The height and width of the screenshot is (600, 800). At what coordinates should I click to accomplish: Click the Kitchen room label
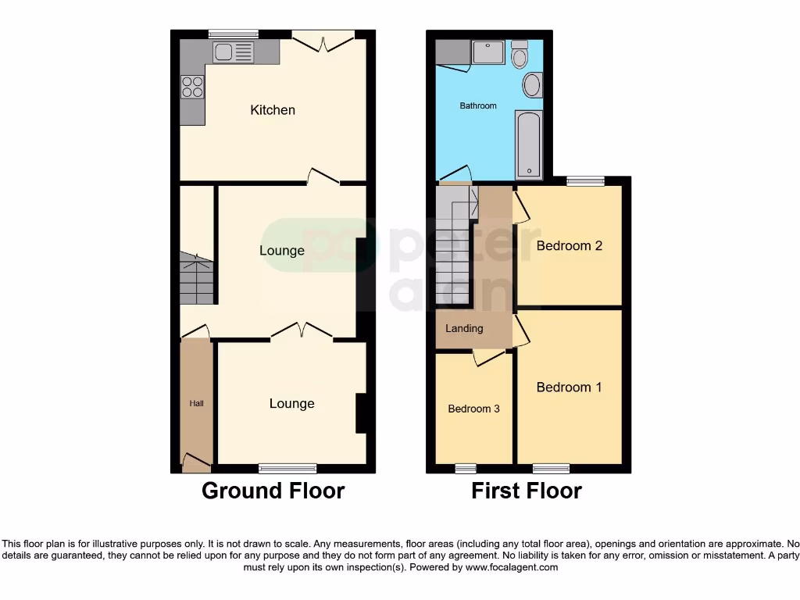pyautogui.click(x=273, y=110)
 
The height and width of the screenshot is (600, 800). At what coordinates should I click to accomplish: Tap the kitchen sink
pyautogui.click(x=234, y=52)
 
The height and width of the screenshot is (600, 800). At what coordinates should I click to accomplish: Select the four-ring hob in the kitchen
pyautogui.click(x=192, y=86)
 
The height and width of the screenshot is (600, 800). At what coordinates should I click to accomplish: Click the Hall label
pyautogui.click(x=196, y=404)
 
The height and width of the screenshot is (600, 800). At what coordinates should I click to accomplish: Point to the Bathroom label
pyautogui.click(x=477, y=105)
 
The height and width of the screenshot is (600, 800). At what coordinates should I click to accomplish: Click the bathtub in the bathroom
pyautogui.click(x=529, y=145)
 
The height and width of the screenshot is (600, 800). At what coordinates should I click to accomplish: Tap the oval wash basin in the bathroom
pyautogui.click(x=532, y=85)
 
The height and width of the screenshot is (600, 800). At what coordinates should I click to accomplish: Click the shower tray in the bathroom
pyautogui.click(x=488, y=52)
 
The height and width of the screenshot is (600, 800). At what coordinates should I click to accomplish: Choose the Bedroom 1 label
pyautogui.click(x=569, y=387)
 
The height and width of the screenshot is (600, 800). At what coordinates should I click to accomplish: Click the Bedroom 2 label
pyautogui.click(x=569, y=246)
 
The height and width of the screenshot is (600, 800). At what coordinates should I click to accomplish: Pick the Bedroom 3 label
pyautogui.click(x=473, y=409)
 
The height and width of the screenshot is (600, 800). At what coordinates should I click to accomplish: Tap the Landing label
pyautogui.click(x=464, y=329)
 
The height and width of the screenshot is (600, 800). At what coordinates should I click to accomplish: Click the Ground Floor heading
pyautogui.click(x=273, y=491)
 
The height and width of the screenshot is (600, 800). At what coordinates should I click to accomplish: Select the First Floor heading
pyautogui.click(x=527, y=491)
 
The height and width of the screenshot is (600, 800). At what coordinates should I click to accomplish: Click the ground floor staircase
pyautogui.click(x=196, y=279)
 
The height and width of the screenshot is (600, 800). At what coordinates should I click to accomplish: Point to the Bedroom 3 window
pyautogui.click(x=466, y=469)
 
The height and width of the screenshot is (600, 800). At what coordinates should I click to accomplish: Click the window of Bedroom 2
pyautogui.click(x=585, y=181)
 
